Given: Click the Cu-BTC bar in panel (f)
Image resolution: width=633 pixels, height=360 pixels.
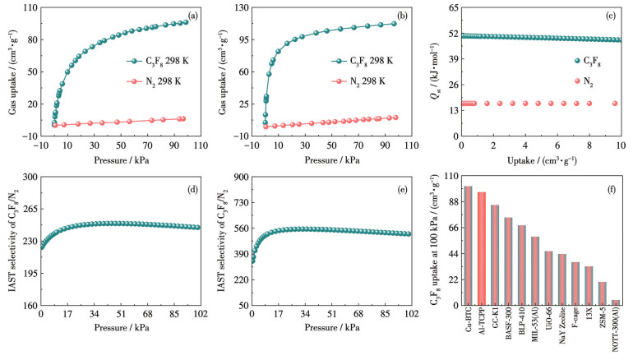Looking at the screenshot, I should [468, 246].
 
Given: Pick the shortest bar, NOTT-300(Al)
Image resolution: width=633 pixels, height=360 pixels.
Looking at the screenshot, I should [616, 302].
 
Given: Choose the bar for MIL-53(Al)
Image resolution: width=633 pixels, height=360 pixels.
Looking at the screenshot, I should [535, 270].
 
